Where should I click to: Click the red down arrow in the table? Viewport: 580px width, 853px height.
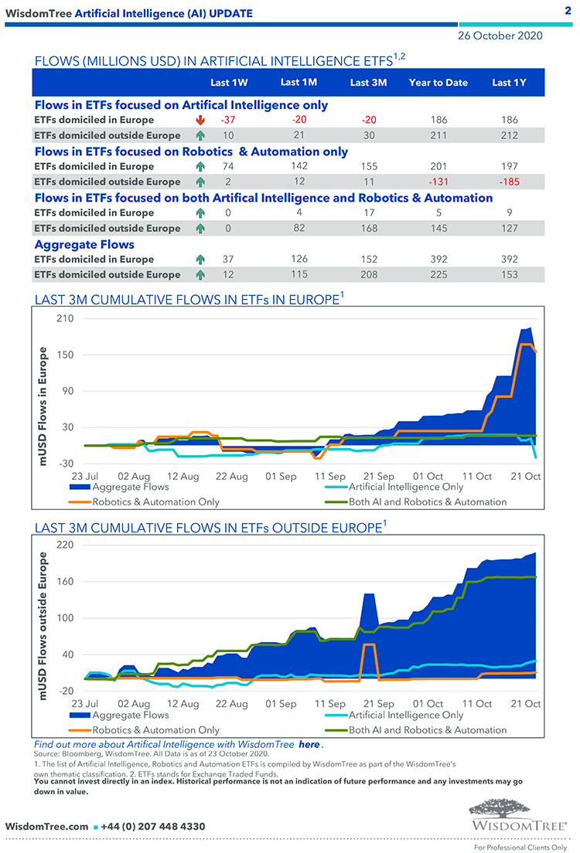[201, 120]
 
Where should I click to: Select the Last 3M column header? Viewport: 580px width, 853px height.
[368, 83]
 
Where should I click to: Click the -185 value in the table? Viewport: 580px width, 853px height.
[509, 182]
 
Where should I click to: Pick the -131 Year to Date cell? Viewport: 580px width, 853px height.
[438, 182]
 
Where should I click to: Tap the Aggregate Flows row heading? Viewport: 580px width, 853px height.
[84, 244]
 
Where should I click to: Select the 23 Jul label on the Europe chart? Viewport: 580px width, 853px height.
[84, 477]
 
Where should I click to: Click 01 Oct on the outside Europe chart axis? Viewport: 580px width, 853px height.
[428, 704]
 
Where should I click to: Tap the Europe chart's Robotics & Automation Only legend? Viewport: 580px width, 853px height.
[155, 501]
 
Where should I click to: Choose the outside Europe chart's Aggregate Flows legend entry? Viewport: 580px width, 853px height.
[130, 715]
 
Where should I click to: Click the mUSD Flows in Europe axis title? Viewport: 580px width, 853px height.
[45, 406]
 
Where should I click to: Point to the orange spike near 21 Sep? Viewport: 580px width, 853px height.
[370, 644]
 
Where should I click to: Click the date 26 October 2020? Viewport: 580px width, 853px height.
[500, 36]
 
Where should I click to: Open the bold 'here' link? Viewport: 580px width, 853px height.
[309, 744]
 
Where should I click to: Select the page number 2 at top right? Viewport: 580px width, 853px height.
[567, 11]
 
